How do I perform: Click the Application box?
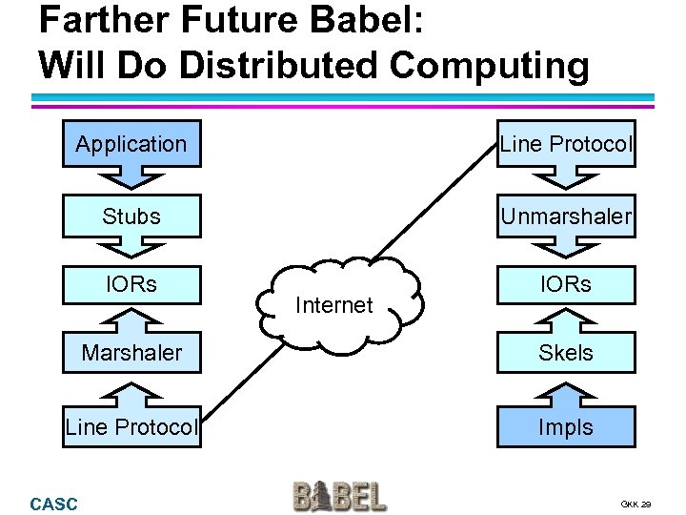click(131, 144)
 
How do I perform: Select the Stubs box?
click(131, 216)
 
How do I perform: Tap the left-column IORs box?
click(131, 284)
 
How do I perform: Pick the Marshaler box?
click(131, 352)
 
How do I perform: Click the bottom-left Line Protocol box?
click(131, 426)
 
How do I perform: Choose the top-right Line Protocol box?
click(566, 144)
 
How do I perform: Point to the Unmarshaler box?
click(566, 216)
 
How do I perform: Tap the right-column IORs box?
click(566, 284)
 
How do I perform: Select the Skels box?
click(566, 352)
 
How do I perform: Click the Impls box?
click(566, 426)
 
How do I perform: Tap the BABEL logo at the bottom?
click(339, 496)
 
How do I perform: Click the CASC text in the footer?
click(53, 504)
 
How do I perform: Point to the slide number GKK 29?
click(636, 504)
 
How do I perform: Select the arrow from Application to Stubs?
click(131, 179)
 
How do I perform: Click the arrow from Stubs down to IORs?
click(131, 250)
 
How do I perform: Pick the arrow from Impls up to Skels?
click(566, 389)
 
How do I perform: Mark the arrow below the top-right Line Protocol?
click(566, 179)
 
